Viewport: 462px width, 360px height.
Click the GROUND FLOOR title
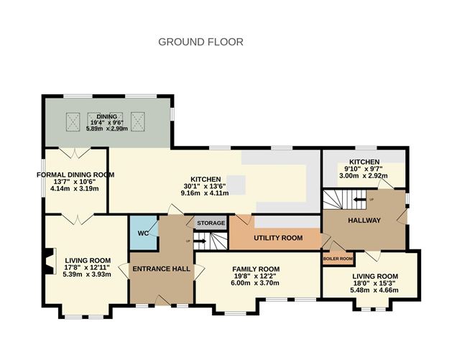pyautogui.click(x=200, y=42)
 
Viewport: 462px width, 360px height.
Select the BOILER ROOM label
pyautogui.click(x=337, y=259)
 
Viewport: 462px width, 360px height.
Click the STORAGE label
pyautogui.click(x=212, y=223)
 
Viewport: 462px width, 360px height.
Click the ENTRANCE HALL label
pyautogui.click(x=161, y=269)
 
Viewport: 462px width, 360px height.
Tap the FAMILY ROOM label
pyautogui.click(x=255, y=268)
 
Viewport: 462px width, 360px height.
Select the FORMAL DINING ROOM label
pyautogui.click(x=75, y=175)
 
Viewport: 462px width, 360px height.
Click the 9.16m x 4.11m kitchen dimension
pyautogui.click(x=205, y=193)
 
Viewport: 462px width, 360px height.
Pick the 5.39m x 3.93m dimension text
pyautogui.click(x=86, y=274)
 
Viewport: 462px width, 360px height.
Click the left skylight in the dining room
pyautogui.click(x=73, y=121)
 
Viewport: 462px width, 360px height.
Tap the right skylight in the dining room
pyautogui.click(x=139, y=121)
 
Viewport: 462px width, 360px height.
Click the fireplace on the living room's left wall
pyautogui.click(x=49, y=261)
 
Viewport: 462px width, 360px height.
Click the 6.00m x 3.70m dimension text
pyautogui.click(x=255, y=283)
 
